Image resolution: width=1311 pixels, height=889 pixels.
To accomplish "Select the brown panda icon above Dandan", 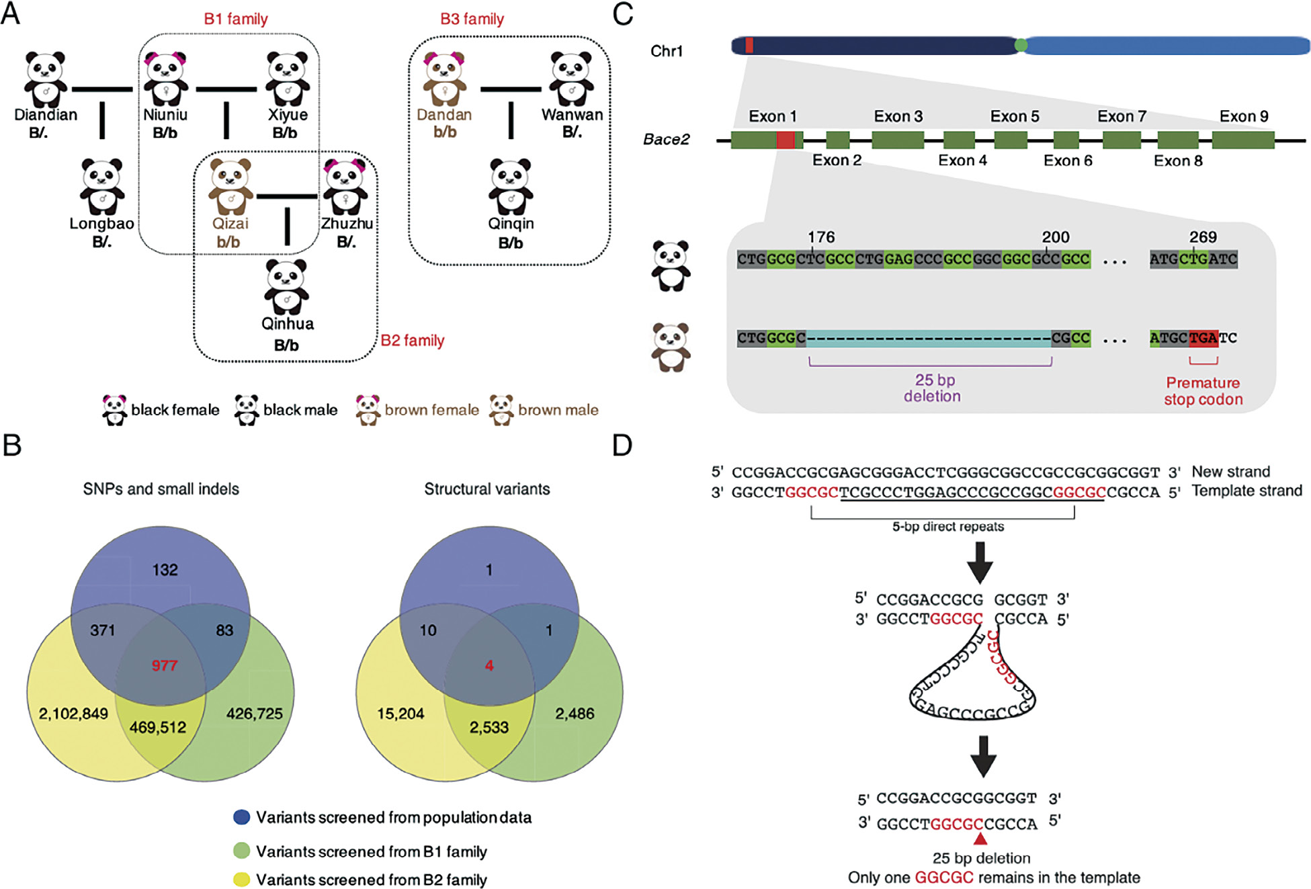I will point(444,79).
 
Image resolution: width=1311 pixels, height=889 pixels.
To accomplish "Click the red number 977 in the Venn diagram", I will point(164,665).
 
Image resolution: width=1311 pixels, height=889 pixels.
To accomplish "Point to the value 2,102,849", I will point(73,713).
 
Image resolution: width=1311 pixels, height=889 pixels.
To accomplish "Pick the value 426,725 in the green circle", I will point(254,713).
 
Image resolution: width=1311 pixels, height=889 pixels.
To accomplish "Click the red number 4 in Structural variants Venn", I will point(489,665).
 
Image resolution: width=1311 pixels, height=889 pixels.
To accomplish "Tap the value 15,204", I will point(400,713).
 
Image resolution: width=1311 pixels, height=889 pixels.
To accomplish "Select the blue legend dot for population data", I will point(241,817).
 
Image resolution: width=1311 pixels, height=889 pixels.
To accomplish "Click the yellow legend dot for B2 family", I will point(241,879).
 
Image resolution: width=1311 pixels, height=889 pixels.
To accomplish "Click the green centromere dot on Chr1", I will point(1021,45).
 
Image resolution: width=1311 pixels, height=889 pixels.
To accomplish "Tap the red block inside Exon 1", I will point(785,140).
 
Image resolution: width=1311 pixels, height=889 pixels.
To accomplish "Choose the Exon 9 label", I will point(1244,116).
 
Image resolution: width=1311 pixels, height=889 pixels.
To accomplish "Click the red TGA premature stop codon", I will point(1203,338).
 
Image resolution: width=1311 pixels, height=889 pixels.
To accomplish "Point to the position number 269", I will point(1202,237).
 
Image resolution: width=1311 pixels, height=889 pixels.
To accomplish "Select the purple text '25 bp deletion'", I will point(933,388).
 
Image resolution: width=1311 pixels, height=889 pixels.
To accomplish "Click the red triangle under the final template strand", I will point(980,839).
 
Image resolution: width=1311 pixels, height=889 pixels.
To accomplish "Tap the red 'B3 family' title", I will point(472,19).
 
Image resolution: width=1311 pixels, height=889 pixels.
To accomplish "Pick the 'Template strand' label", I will point(1246,491).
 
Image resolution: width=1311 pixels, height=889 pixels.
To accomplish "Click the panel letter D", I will point(622,445).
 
